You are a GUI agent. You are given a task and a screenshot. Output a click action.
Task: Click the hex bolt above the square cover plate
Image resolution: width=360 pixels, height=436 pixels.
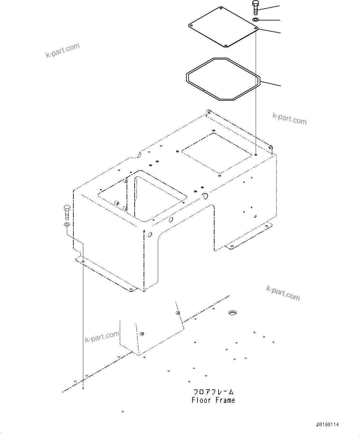click(255, 7)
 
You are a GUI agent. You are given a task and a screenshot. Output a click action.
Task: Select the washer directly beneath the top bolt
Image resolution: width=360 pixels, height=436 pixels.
click(256, 20)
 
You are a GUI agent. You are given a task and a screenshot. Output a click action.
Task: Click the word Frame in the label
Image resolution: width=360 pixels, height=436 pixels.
click(225, 400)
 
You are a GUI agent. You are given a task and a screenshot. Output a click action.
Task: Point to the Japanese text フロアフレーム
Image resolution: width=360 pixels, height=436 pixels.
click(214, 392)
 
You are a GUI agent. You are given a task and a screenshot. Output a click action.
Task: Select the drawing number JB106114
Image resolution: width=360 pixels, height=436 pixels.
click(327, 425)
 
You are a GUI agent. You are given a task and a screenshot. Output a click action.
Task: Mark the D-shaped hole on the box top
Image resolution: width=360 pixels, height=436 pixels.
click(205, 195)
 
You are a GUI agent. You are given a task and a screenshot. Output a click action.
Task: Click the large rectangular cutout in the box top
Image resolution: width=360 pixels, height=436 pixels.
click(142, 195)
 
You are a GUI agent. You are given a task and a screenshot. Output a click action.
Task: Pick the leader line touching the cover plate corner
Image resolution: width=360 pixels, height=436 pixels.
click(269, 31)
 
